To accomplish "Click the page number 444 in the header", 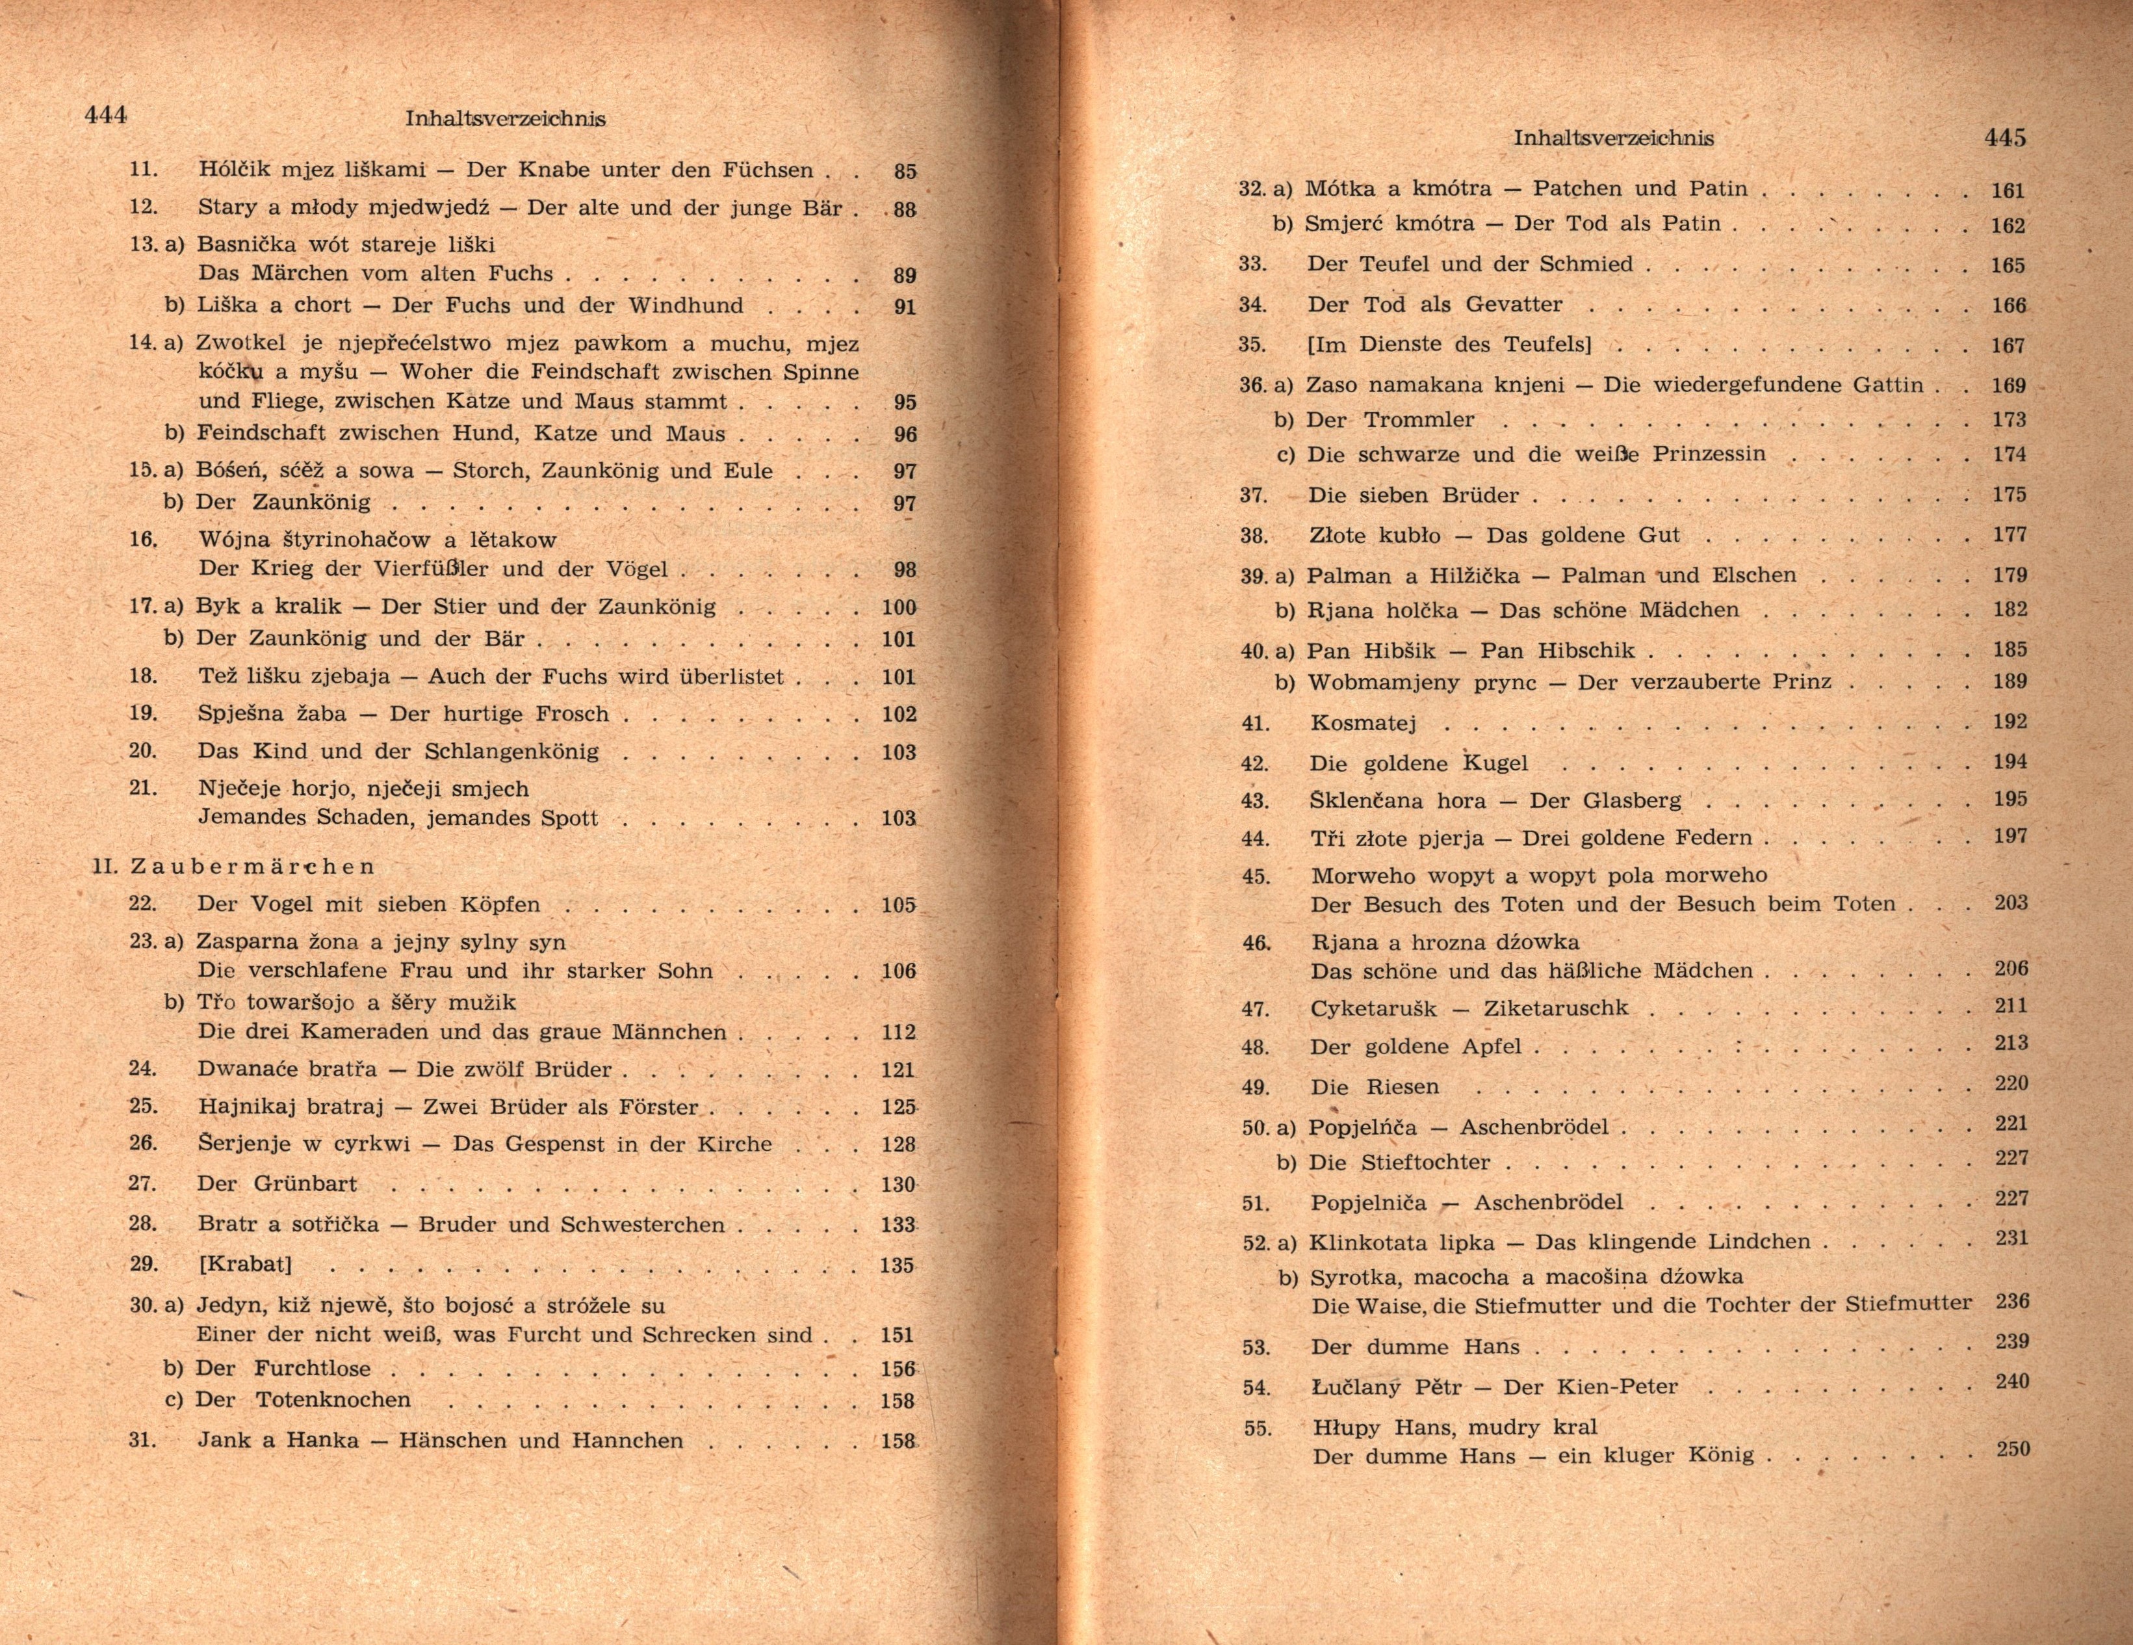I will [x=105, y=115].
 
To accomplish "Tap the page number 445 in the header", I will [x=2005, y=138].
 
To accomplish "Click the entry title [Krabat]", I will [x=245, y=1264].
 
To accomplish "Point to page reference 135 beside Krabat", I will [x=897, y=1266].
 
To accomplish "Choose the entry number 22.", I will [x=142, y=904].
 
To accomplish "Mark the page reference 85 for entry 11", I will [x=905, y=171].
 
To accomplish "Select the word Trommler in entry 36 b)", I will [x=1419, y=420].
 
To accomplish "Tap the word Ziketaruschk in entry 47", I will [x=1556, y=1008].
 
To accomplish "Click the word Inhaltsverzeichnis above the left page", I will [x=505, y=119].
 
